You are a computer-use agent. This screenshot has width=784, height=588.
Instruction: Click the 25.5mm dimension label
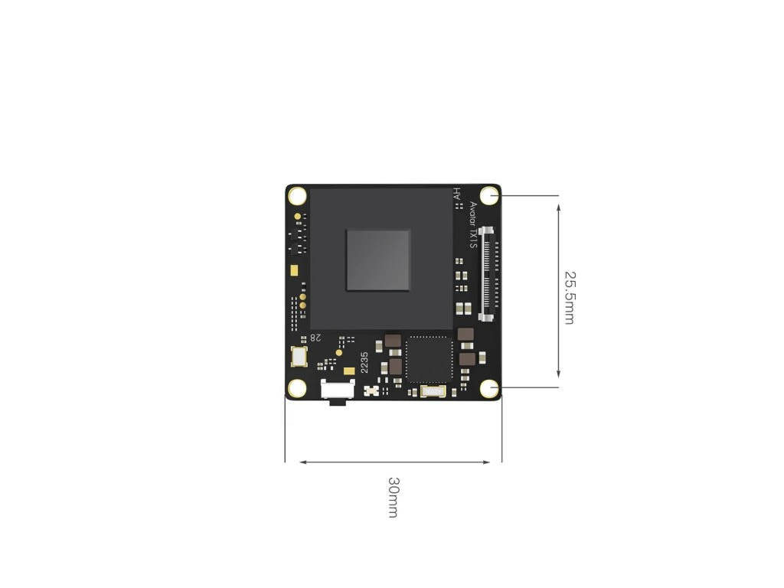pos(569,297)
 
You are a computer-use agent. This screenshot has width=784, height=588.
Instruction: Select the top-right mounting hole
pos(489,195)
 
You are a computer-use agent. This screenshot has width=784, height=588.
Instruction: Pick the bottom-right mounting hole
pos(489,390)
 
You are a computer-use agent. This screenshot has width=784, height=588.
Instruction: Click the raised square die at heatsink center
pos(377,260)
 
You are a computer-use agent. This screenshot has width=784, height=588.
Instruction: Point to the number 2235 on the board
pos(364,361)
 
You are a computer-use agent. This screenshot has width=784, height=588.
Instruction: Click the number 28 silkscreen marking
pos(315,338)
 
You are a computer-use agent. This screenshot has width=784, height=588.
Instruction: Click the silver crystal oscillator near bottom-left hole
pos(299,357)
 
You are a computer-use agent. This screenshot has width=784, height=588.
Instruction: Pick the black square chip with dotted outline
pos(429,358)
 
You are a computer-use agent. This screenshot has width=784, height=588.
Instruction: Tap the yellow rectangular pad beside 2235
pos(349,370)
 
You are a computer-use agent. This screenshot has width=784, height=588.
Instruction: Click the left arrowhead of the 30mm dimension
pos(303,462)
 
